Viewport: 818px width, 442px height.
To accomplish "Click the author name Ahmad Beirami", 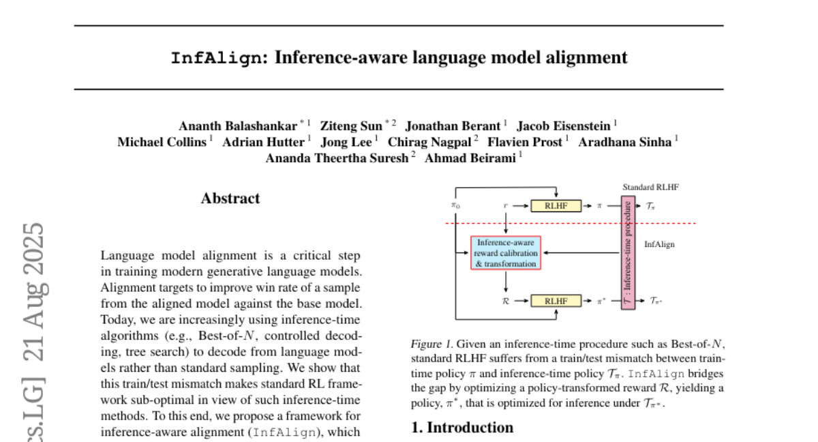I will [x=470, y=158].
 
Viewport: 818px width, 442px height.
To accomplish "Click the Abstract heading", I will [x=230, y=198].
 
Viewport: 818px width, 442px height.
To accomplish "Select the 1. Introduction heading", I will [x=462, y=428].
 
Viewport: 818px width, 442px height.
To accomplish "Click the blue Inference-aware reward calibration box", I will [x=505, y=253].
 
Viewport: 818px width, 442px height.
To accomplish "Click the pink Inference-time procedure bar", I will [x=628, y=252].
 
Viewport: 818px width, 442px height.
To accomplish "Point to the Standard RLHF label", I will [x=650, y=187].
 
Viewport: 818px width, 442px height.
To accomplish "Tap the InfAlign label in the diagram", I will [x=659, y=244].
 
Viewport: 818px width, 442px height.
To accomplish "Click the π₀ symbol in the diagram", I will [x=455, y=205].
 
